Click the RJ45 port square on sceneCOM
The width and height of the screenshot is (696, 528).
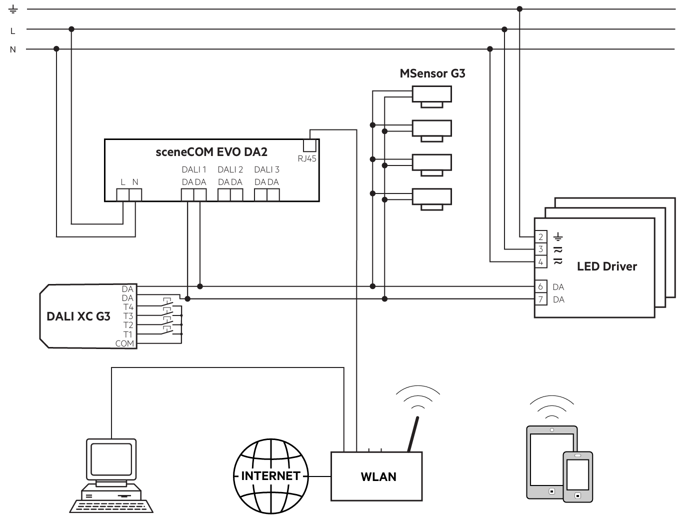tap(309, 145)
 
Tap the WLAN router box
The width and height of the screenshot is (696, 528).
tap(376, 476)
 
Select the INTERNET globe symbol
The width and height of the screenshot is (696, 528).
tap(271, 476)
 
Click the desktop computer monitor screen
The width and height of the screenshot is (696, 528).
tap(111, 459)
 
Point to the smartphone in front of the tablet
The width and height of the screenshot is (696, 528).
tap(577, 477)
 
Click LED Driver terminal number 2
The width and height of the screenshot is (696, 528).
tap(540, 237)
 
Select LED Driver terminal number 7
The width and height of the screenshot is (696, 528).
tap(540, 299)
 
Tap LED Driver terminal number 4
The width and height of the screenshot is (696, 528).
tap(540, 262)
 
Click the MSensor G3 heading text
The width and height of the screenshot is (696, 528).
tap(432, 73)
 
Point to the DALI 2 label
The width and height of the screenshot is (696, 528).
tap(230, 169)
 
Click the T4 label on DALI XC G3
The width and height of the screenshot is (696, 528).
tap(128, 307)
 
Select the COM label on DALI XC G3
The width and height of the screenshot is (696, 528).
tap(124, 343)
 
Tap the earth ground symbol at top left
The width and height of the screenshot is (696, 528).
tap(13, 9)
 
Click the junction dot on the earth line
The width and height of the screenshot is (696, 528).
tap(519, 9)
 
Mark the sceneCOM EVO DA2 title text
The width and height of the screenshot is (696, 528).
tap(211, 152)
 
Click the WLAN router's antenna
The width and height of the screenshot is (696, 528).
tap(413, 434)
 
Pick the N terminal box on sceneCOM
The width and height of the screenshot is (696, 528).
tap(135, 194)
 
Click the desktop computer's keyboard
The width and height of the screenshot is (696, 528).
tap(111, 506)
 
